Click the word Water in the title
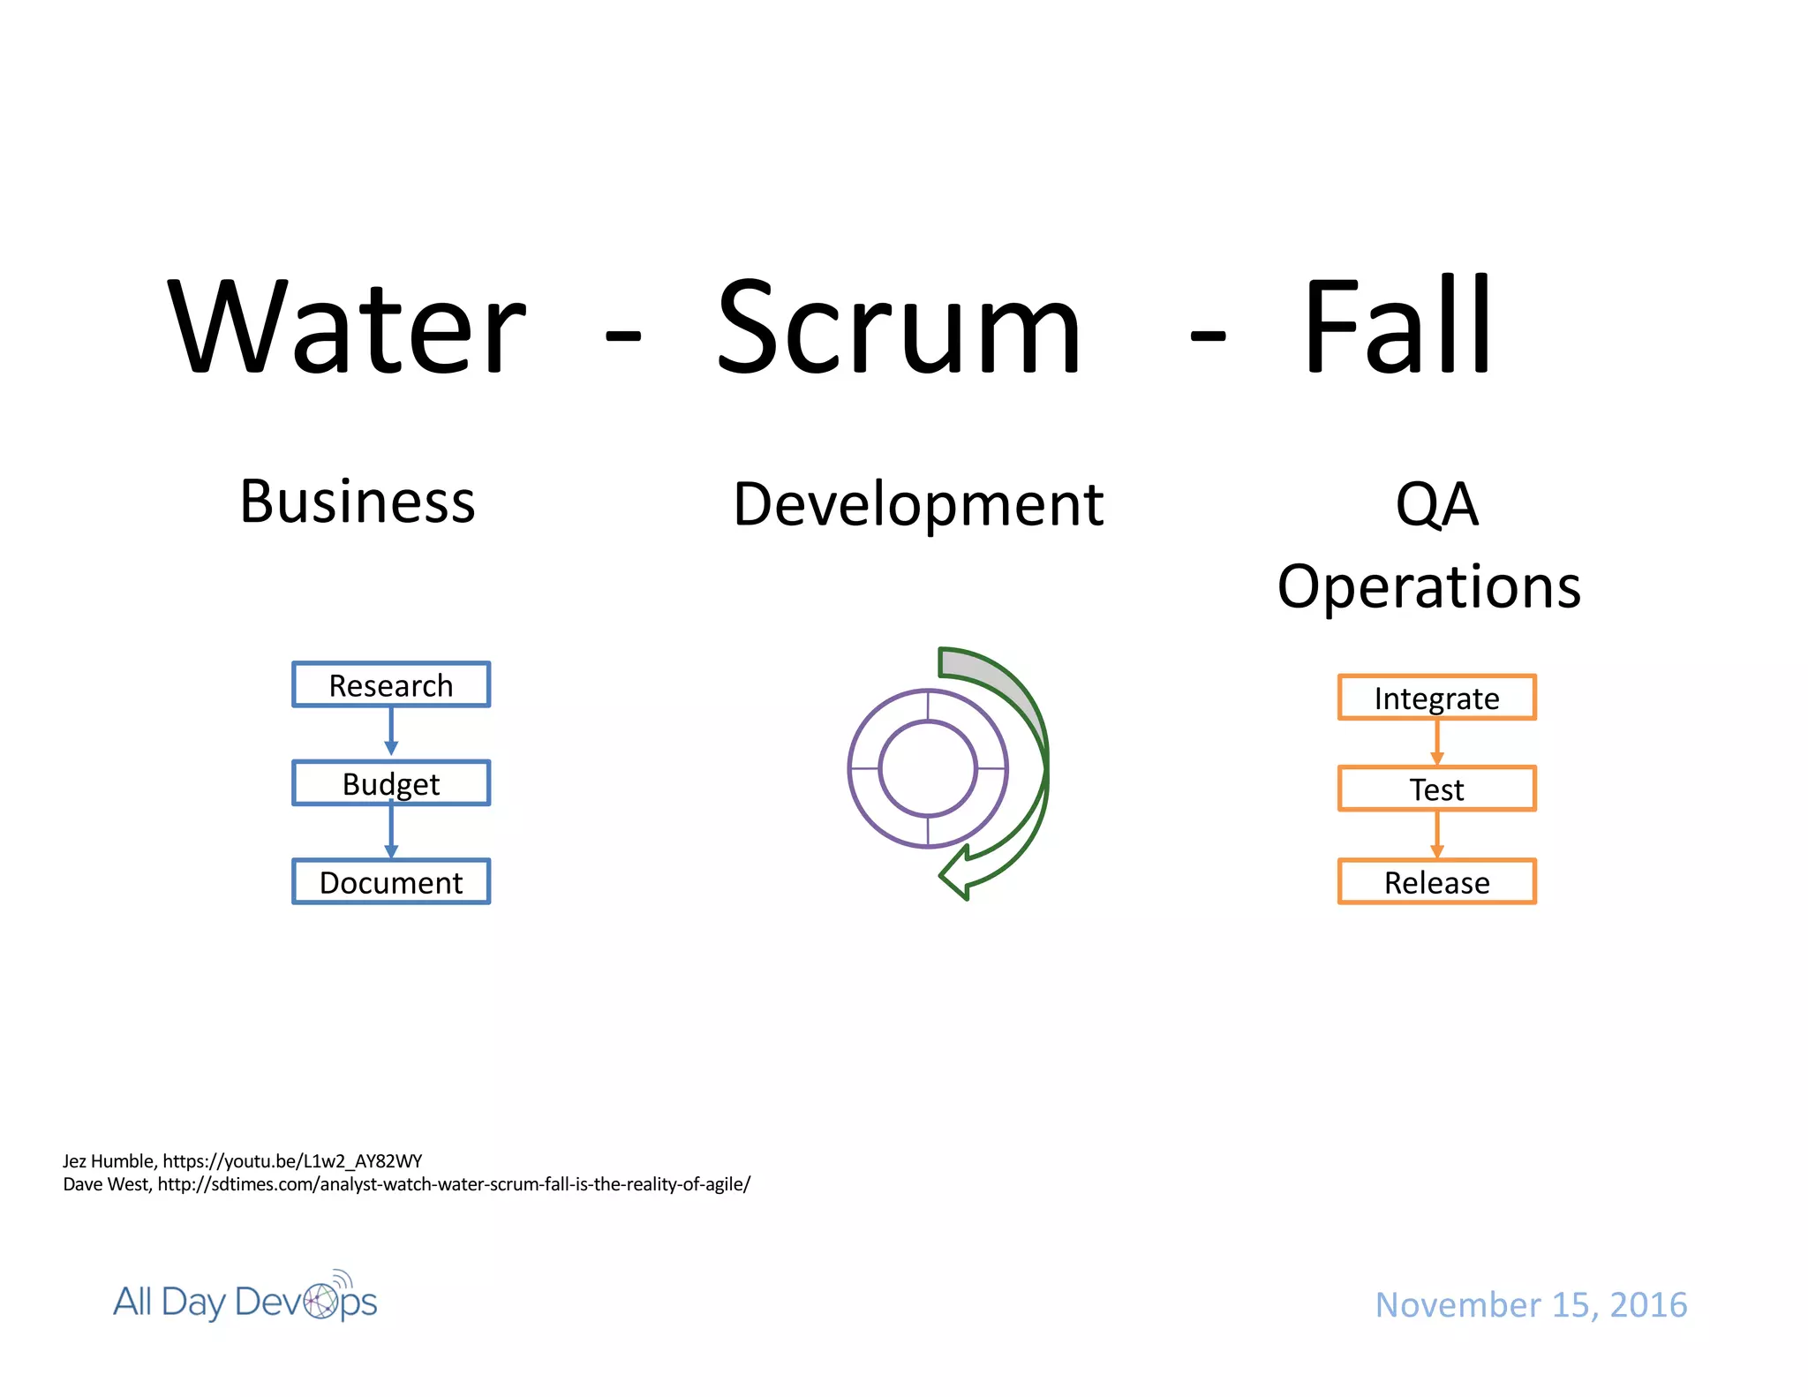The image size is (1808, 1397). tap(347, 326)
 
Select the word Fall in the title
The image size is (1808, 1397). tap(1397, 326)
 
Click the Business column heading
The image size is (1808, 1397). tap(358, 502)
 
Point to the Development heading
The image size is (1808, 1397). tap(918, 504)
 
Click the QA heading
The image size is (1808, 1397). tap(1436, 504)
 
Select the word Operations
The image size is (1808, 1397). tap(1429, 586)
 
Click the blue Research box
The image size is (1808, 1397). tap(391, 684)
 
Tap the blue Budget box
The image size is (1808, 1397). tap(391, 783)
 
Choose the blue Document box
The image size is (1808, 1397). tap(391, 881)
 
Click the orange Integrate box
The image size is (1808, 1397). tap(1436, 698)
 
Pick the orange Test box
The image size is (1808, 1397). tap(1436, 789)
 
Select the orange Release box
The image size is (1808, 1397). tap(1436, 881)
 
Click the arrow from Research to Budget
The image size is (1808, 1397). tap(391, 732)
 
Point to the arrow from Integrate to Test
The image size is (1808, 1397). tap(1436, 743)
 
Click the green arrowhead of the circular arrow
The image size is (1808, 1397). tap(957, 874)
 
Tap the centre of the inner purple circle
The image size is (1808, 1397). tap(928, 768)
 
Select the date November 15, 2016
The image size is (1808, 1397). tap(1531, 1304)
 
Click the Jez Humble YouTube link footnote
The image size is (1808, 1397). tap(243, 1160)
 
